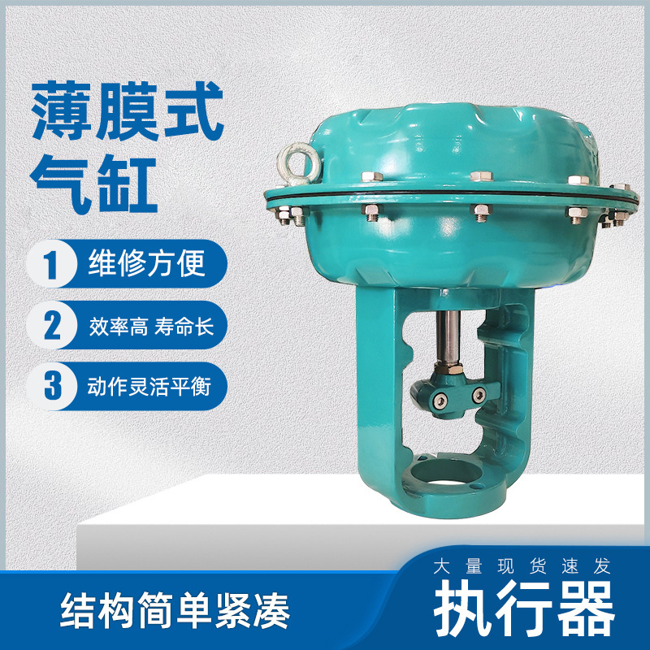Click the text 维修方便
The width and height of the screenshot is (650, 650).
(146, 265)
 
